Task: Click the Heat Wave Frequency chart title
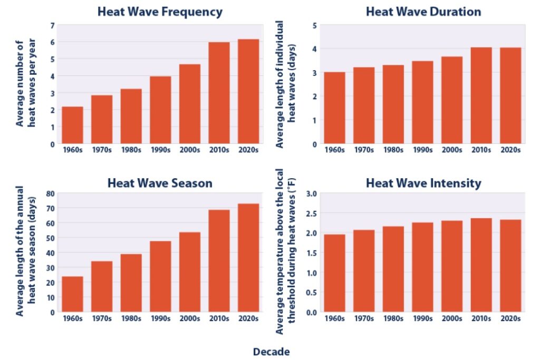click(x=160, y=12)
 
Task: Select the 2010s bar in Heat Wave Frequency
click(x=218, y=93)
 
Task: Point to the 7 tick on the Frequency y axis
click(x=52, y=25)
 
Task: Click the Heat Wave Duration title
click(x=423, y=12)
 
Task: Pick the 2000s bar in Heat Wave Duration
click(x=452, y=100)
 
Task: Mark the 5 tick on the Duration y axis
click(x=315, y=25)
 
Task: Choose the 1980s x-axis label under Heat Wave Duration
click(x=393, y=150)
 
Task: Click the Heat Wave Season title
click(x=160, y=183)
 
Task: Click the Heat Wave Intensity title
click(x=423, y=183)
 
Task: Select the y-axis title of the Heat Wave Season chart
click(x=26, y=250)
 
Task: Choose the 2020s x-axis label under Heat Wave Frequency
click(x=248, y=150)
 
